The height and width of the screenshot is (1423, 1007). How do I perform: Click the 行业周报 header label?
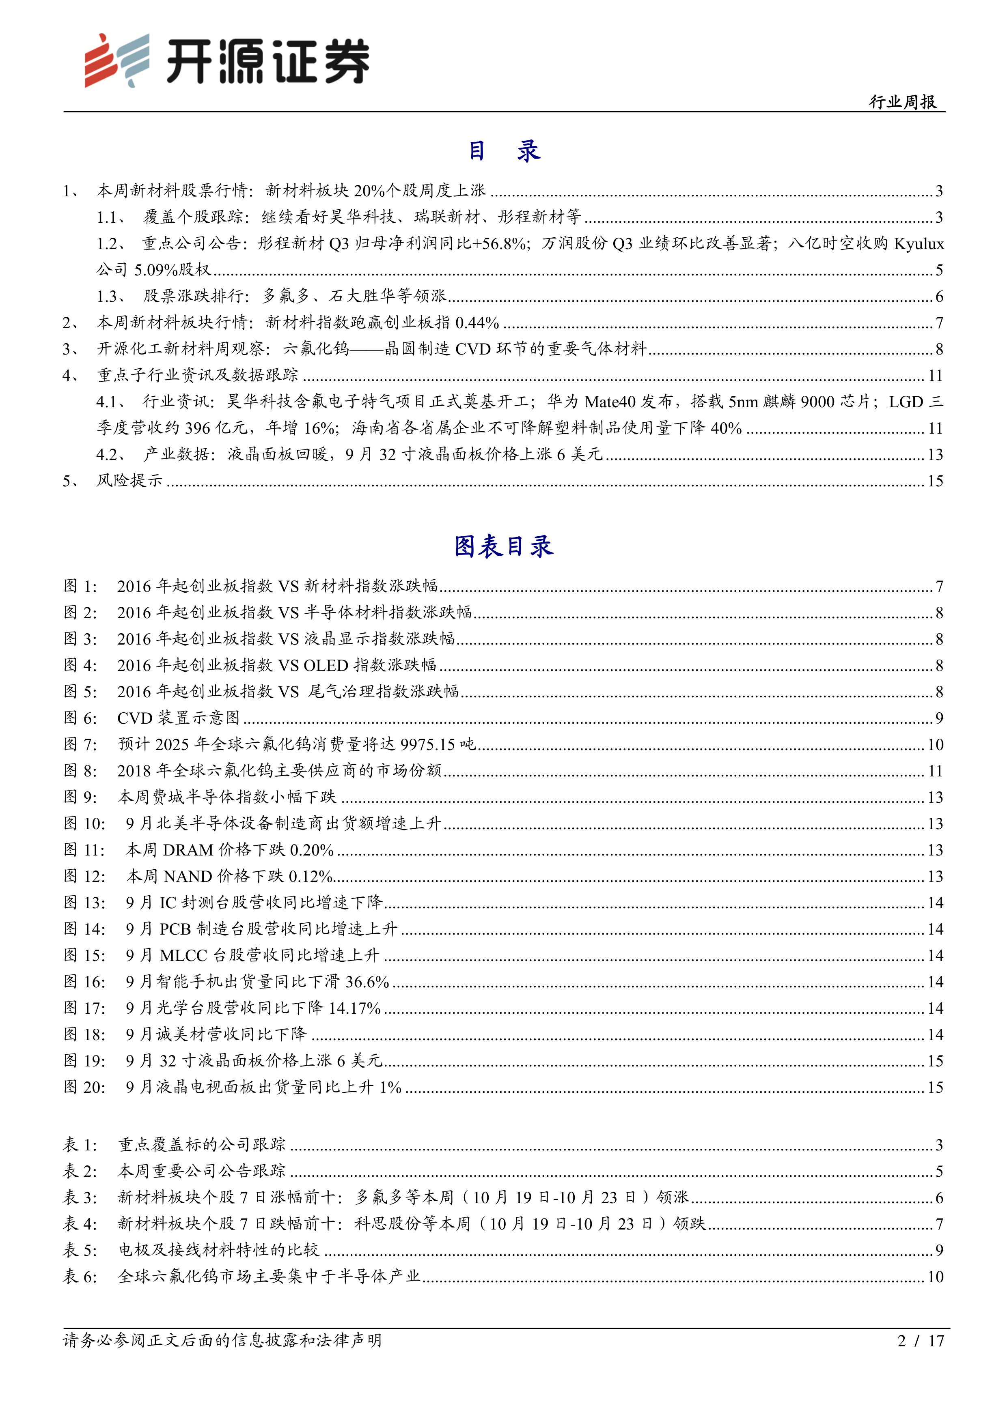coord(902,102)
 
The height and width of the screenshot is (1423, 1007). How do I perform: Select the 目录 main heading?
coord(503,150)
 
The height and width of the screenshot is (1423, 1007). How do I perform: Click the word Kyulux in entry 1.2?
coord(919,243)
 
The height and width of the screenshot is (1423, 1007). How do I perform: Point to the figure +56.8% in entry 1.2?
coord(500,243)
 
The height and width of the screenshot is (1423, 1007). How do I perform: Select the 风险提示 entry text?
coord(129,480)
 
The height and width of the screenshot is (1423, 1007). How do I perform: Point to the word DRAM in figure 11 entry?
coord(188,850)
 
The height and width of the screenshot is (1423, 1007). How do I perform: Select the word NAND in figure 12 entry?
coord(188,876)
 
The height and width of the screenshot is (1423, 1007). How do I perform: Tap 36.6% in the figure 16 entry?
coord(367,982)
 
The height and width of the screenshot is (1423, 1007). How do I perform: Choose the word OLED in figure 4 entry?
coord(326,665)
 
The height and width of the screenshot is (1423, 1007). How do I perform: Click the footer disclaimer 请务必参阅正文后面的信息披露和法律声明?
coord(222,1341)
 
